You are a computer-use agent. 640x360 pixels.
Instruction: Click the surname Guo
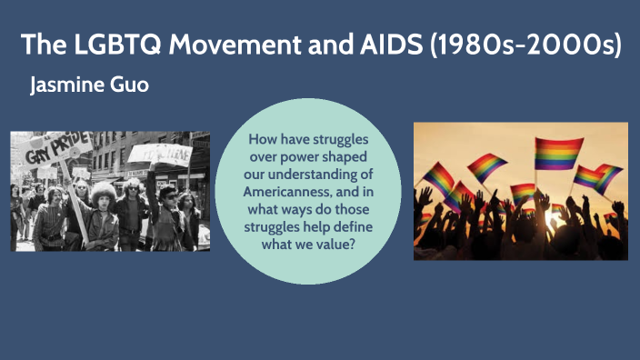[x=130, y=86]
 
